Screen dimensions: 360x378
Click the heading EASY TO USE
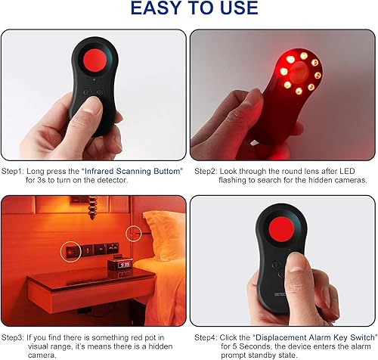coord(188,10)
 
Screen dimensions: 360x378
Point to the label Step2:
coord(207,172)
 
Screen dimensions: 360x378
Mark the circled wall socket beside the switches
coord(73,250)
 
